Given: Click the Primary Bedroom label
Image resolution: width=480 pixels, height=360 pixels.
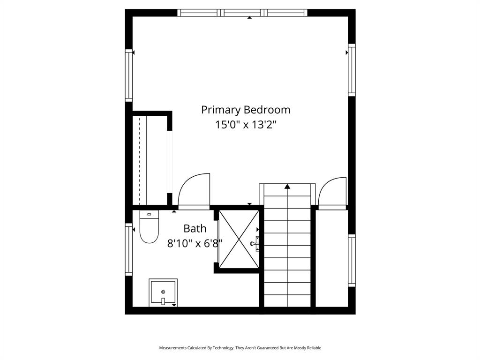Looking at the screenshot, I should [246, 110].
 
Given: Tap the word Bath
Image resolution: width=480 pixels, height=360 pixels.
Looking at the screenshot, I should [195, 229].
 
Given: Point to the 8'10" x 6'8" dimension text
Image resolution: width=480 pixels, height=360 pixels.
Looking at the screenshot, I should [195, 243].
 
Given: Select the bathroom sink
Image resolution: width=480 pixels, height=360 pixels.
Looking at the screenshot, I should [163, 293].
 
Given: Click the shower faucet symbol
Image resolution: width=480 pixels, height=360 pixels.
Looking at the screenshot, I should [255, 244].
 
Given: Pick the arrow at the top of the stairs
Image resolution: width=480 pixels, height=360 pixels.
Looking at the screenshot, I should [287, 187].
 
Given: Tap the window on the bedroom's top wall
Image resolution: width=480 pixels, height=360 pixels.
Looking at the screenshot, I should [242, 13].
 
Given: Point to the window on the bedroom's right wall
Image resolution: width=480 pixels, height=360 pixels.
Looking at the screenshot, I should [352, 70].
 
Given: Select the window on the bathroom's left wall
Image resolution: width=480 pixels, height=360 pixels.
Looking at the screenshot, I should [128, 249].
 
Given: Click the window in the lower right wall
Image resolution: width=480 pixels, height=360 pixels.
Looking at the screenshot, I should [352, 260].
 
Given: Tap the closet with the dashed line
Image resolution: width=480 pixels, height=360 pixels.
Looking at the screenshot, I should [149, 159].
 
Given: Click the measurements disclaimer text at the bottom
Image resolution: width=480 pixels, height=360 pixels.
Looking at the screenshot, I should [240, 348].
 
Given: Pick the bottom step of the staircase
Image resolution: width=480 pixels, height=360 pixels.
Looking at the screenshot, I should [287, 301].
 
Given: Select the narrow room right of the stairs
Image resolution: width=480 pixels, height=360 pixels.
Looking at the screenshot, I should [331, 258].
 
